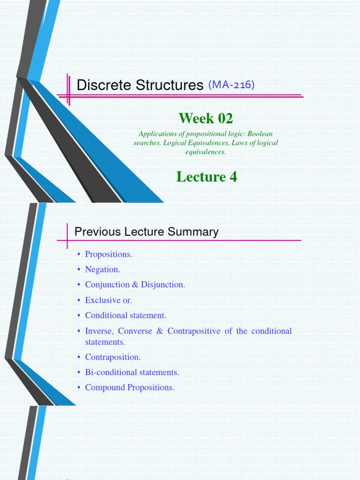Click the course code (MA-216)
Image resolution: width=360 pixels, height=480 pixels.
pos(232,84)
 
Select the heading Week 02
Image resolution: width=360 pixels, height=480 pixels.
pos(206,118)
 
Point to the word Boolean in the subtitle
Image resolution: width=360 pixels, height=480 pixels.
pos(260,134)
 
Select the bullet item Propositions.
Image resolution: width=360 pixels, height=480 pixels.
pos(108,254)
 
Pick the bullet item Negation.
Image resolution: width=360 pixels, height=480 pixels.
pos(102,270)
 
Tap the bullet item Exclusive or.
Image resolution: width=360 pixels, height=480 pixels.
pos(108,300)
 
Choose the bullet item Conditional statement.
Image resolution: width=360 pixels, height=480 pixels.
pos(126,315)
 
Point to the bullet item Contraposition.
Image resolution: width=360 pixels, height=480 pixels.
pos(112,357)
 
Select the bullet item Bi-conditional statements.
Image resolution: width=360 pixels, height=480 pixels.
pos(132,372)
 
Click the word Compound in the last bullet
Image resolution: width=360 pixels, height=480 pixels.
pos(105,388)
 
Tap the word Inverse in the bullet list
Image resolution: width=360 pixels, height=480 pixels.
pos(98,331)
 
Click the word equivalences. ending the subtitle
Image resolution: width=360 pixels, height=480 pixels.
pos(206,152)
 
